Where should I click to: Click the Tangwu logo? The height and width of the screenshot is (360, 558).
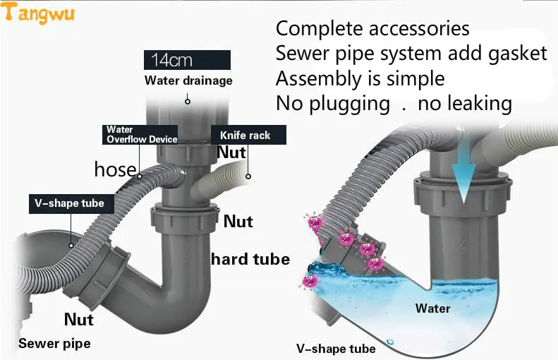point(38,14)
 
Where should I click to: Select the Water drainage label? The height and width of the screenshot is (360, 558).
point(188,80)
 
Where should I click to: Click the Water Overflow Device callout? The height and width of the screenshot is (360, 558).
point(141,134)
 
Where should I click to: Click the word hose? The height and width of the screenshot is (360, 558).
point(115,169)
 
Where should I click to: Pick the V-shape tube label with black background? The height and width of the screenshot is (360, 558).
point(69,203)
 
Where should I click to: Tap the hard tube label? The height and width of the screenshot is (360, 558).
point(250,259)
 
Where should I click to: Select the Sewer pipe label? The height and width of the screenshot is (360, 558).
point(54,344)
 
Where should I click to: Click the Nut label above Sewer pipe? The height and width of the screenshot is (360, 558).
point(79,320)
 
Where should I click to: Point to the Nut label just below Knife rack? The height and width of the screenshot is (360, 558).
point(231,152)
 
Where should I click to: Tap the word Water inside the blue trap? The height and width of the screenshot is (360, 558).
point(432,308)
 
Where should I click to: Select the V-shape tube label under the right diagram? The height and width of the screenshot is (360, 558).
point(336,349)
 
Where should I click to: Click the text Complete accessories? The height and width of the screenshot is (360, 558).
point(372,29)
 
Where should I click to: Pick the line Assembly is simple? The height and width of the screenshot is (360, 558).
point(360,78)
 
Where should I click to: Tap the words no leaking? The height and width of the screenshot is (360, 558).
point(464,103)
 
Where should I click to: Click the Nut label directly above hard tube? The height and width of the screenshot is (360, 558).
point(238,222)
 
